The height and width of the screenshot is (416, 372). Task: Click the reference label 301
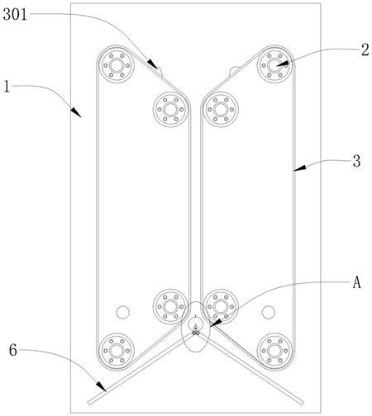[15, 14]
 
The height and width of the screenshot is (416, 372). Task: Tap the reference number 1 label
[7, 87]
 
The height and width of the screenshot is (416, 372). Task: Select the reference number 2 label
[365, 50]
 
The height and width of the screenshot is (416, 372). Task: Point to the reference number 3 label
[357, 161]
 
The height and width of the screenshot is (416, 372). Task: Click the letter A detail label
[357, 282]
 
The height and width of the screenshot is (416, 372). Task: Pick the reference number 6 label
[13, 350]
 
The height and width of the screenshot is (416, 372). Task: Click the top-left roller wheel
[117, 65]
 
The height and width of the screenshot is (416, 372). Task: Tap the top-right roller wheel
[274, 65]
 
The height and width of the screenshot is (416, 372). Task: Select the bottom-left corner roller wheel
[117, 351]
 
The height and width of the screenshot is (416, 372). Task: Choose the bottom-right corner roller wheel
[274, 351]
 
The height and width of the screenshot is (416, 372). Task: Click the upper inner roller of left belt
[170, 110]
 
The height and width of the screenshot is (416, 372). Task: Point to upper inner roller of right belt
[221, 110]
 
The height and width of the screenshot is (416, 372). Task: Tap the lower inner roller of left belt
[170, 306]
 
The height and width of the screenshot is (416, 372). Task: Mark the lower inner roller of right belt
[221, 306]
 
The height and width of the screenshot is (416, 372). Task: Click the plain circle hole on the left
[123, 312]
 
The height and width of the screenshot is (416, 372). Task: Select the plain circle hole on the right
[269, 312]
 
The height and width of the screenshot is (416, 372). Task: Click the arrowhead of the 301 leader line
[153, 65]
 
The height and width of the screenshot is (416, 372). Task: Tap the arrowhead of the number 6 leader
[101, 385]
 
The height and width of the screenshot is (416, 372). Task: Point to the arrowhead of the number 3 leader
[300, 168]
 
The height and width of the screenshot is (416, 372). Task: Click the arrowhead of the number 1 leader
[76, 112]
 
